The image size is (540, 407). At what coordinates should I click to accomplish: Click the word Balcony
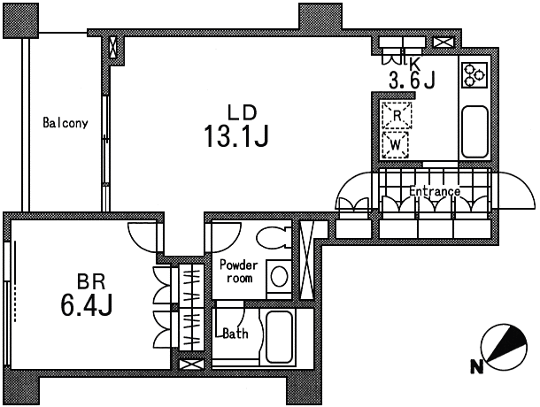pos(66,123)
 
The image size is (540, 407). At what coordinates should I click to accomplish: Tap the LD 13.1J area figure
pos(236,136)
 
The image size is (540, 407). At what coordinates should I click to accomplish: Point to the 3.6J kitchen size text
pos(412,81)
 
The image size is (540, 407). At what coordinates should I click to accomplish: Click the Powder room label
pos(239,272)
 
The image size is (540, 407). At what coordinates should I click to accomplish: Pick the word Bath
pos(235,334)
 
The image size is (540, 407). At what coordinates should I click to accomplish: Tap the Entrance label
pos(435,191)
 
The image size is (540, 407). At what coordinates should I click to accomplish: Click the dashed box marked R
pos(397,115)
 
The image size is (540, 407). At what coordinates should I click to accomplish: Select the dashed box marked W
pos(396,145)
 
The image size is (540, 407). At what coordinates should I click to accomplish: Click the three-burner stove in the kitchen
pos(474,74)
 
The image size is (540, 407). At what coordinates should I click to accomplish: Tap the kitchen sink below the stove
pos(474,132)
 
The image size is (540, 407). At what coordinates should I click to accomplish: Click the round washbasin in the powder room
pos(279,276)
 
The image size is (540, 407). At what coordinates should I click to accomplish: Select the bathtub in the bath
pos(280,337)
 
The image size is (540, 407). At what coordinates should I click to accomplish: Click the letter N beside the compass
pos(476,367)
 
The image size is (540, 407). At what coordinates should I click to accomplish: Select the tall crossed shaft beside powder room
pos(306,259)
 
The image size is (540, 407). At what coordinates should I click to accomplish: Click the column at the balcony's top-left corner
pos(20,21)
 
